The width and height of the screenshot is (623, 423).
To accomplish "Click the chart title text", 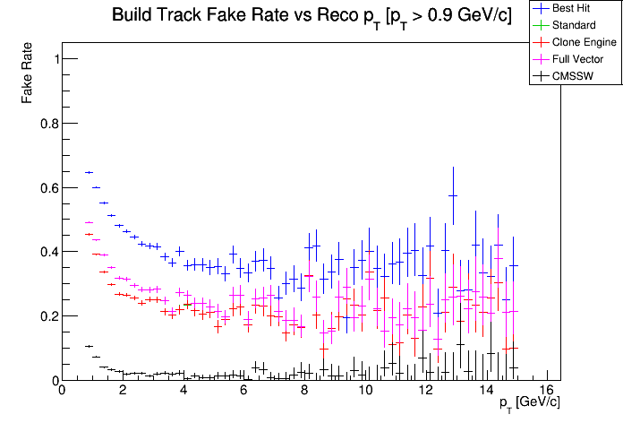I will click(311, 16).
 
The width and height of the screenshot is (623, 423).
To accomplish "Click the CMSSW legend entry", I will click(574, 76).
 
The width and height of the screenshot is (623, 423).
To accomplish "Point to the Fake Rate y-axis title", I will click(30, 72).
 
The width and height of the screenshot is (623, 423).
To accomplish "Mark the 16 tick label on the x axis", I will click(547, 391).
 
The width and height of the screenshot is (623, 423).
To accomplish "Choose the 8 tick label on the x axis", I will click(304, 391).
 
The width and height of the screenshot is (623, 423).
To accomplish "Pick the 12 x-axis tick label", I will click(425, 391).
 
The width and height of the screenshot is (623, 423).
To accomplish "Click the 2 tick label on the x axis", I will click(122, 391).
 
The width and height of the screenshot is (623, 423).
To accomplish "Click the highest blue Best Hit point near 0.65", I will click(89, 172).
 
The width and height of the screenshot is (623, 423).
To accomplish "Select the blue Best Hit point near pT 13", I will click(453, 195).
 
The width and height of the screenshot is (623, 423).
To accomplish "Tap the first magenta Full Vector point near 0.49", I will click(89, 222).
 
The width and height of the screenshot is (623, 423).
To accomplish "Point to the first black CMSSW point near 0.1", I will click(89, 346).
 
